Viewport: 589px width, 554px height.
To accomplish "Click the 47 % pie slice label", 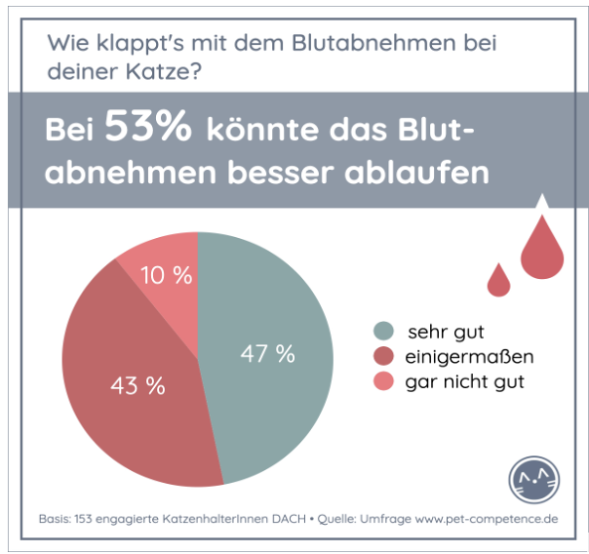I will point(267,354).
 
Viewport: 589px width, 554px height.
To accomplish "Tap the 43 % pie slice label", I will point(137,385).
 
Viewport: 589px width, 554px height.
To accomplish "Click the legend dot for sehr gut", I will point(384,332).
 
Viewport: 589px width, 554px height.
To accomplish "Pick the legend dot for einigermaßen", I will point(384,357).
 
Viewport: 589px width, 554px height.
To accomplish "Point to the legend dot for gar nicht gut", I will point(384,381).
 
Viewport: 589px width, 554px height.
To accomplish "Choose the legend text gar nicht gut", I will point(464,381).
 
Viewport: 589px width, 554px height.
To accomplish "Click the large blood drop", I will point(542,249).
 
